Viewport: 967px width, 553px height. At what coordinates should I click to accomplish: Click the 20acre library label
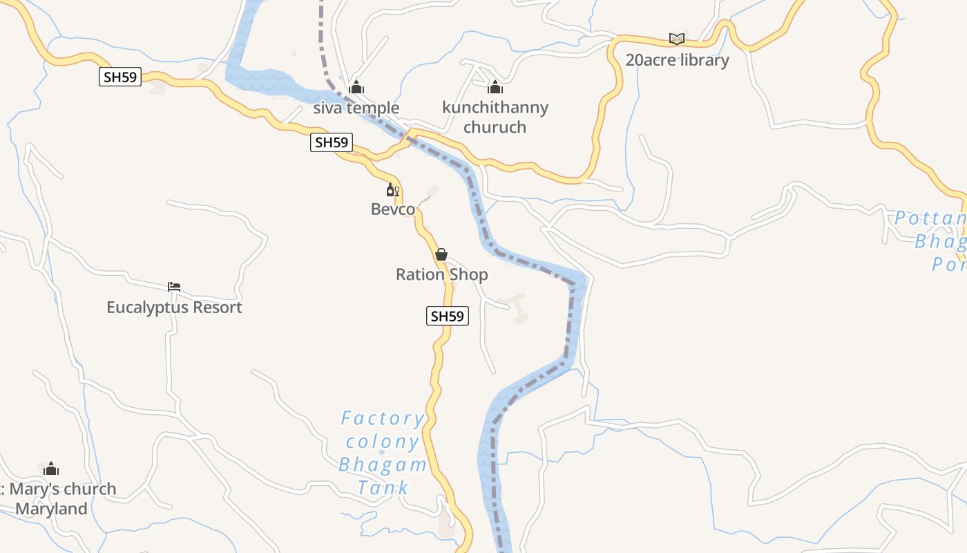(x=677, y=60)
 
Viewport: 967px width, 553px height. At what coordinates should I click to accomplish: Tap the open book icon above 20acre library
(x=677, y=39)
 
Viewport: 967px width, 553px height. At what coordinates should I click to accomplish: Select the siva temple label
(x=356, y=108)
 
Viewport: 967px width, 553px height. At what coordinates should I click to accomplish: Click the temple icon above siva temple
(x=356, y=87)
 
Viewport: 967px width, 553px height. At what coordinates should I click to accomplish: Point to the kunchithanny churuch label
(x=495, y=117)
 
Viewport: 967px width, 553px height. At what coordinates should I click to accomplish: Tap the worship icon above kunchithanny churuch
(x=495, y=87)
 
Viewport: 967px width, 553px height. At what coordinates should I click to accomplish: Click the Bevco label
(x=393, y=209)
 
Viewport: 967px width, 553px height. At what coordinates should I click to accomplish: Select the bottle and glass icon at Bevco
(x=393, y=189)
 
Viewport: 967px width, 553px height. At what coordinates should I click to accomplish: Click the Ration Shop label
(x=441, y=274)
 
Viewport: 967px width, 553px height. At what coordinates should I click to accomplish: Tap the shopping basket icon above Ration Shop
(x=441, y=254)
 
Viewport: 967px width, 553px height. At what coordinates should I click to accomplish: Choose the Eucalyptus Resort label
(x=174, y=307)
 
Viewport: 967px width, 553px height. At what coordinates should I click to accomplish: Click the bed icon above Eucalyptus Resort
(x=174, y=286)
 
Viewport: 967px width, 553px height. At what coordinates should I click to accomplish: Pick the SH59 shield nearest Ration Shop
(x=447, y=316)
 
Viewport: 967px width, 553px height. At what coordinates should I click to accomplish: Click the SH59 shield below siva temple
(x=332, y=142)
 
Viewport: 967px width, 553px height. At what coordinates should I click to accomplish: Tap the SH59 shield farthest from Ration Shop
(x=120, y=77)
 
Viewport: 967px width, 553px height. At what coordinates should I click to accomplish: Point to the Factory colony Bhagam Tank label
(x=382, y=453)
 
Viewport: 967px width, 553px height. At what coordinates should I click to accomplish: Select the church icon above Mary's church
(x=51, y=469)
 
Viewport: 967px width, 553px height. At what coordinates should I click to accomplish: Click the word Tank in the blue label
(x=383, y=487)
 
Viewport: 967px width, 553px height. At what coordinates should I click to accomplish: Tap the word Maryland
(x=52, y=509)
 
